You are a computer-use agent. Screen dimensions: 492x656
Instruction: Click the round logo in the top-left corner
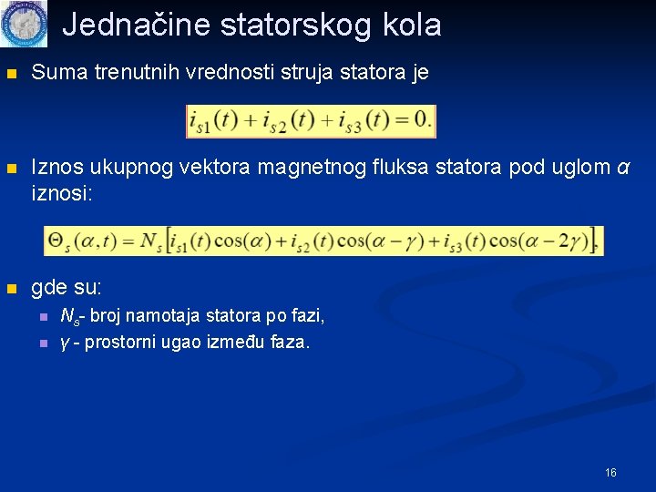pyautogui.click(x=23, y=24)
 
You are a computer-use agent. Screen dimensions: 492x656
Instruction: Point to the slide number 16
pyautogui.click(x=610, y=472)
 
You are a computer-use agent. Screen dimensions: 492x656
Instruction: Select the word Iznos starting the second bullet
pyautogui.click(x=58, y=168)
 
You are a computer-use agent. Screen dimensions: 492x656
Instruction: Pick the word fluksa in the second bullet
pyautogui.click(x=405, y=168)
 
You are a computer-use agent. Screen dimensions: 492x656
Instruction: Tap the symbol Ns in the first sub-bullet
pyautogui.click(x=68, y=317)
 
